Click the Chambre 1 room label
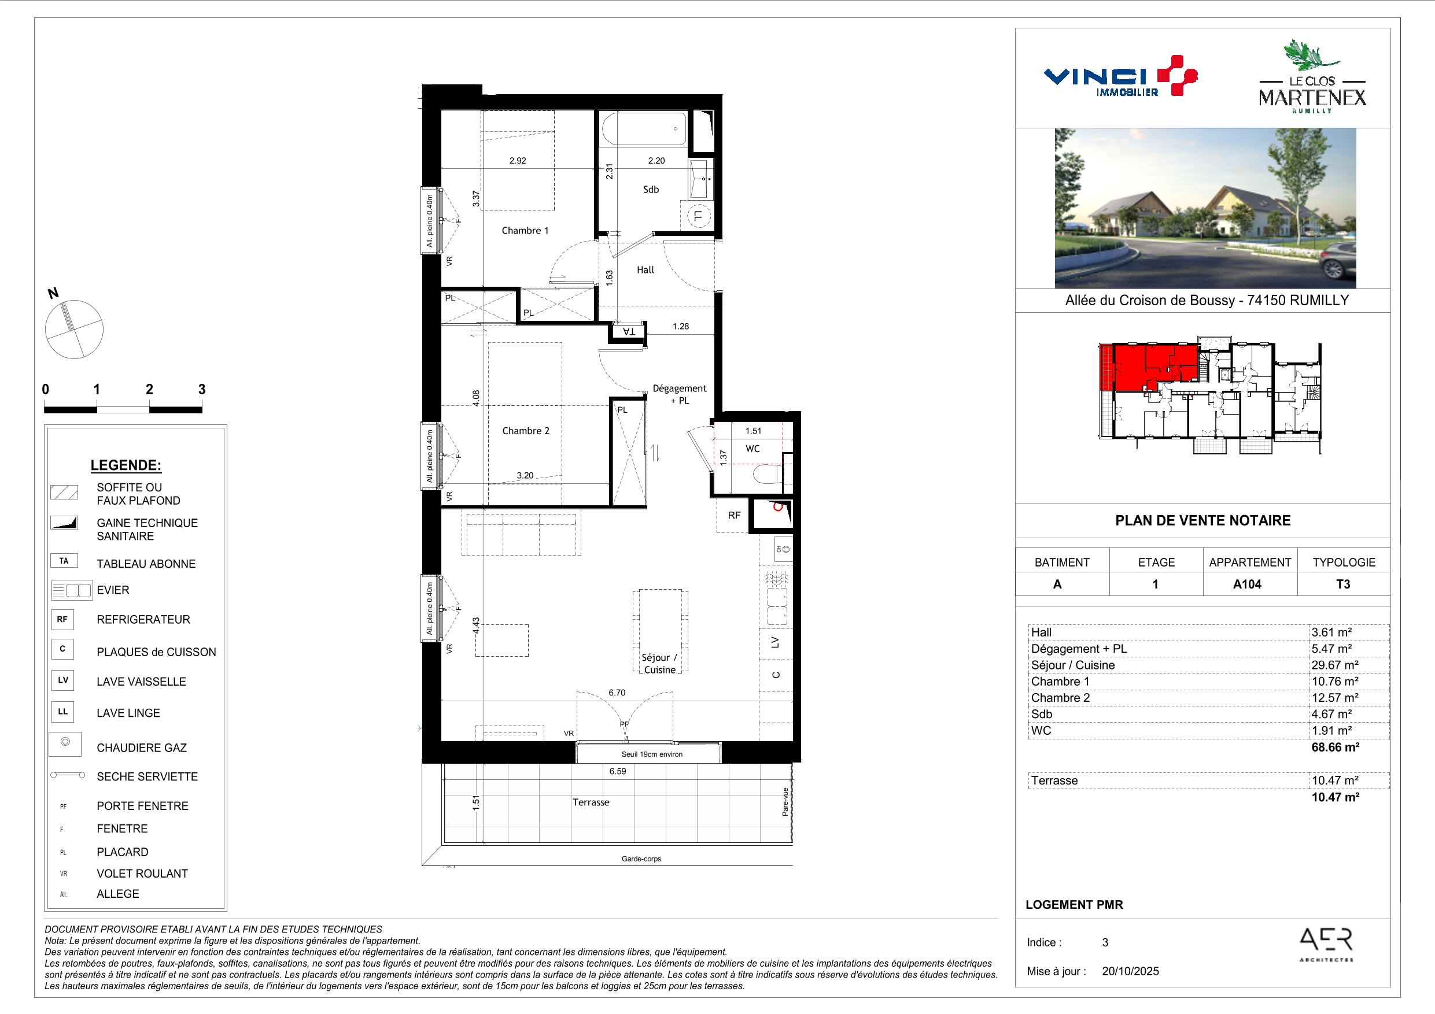pyautogui.click(x=525, y=231)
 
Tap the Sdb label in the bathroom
pyautogui.click(x=651, y=189)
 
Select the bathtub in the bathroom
pyautogui.click(x=644, y=128)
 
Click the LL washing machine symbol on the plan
pyautogui.click(x=699, y=216)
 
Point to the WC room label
pyautogui.click(x=752, y=449)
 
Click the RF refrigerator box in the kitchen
pyautogui.click(x=733, y=515)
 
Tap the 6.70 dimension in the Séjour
pyautogui.click(x=617, y=692)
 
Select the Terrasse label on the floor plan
pyautogui.click(x=591, y=802)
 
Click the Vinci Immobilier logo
pyautogui.click(x=1120, y=76)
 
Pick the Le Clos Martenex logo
pyautogui.click(x=1312, y=76)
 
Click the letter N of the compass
pyautogui.click(x=53, y=293)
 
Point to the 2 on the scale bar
pyautogui.click(x=149, y=389)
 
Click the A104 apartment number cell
pyautogui.click(x=1247, y=584)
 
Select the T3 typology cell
pyautogui.click(x=1343, y=584)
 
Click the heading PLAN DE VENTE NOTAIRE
pyautogui.click(x=1202, y=520)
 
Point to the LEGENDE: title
pyautogui.click(x=126, y=465)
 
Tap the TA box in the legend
pyautogui.click(x=64, y=560)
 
